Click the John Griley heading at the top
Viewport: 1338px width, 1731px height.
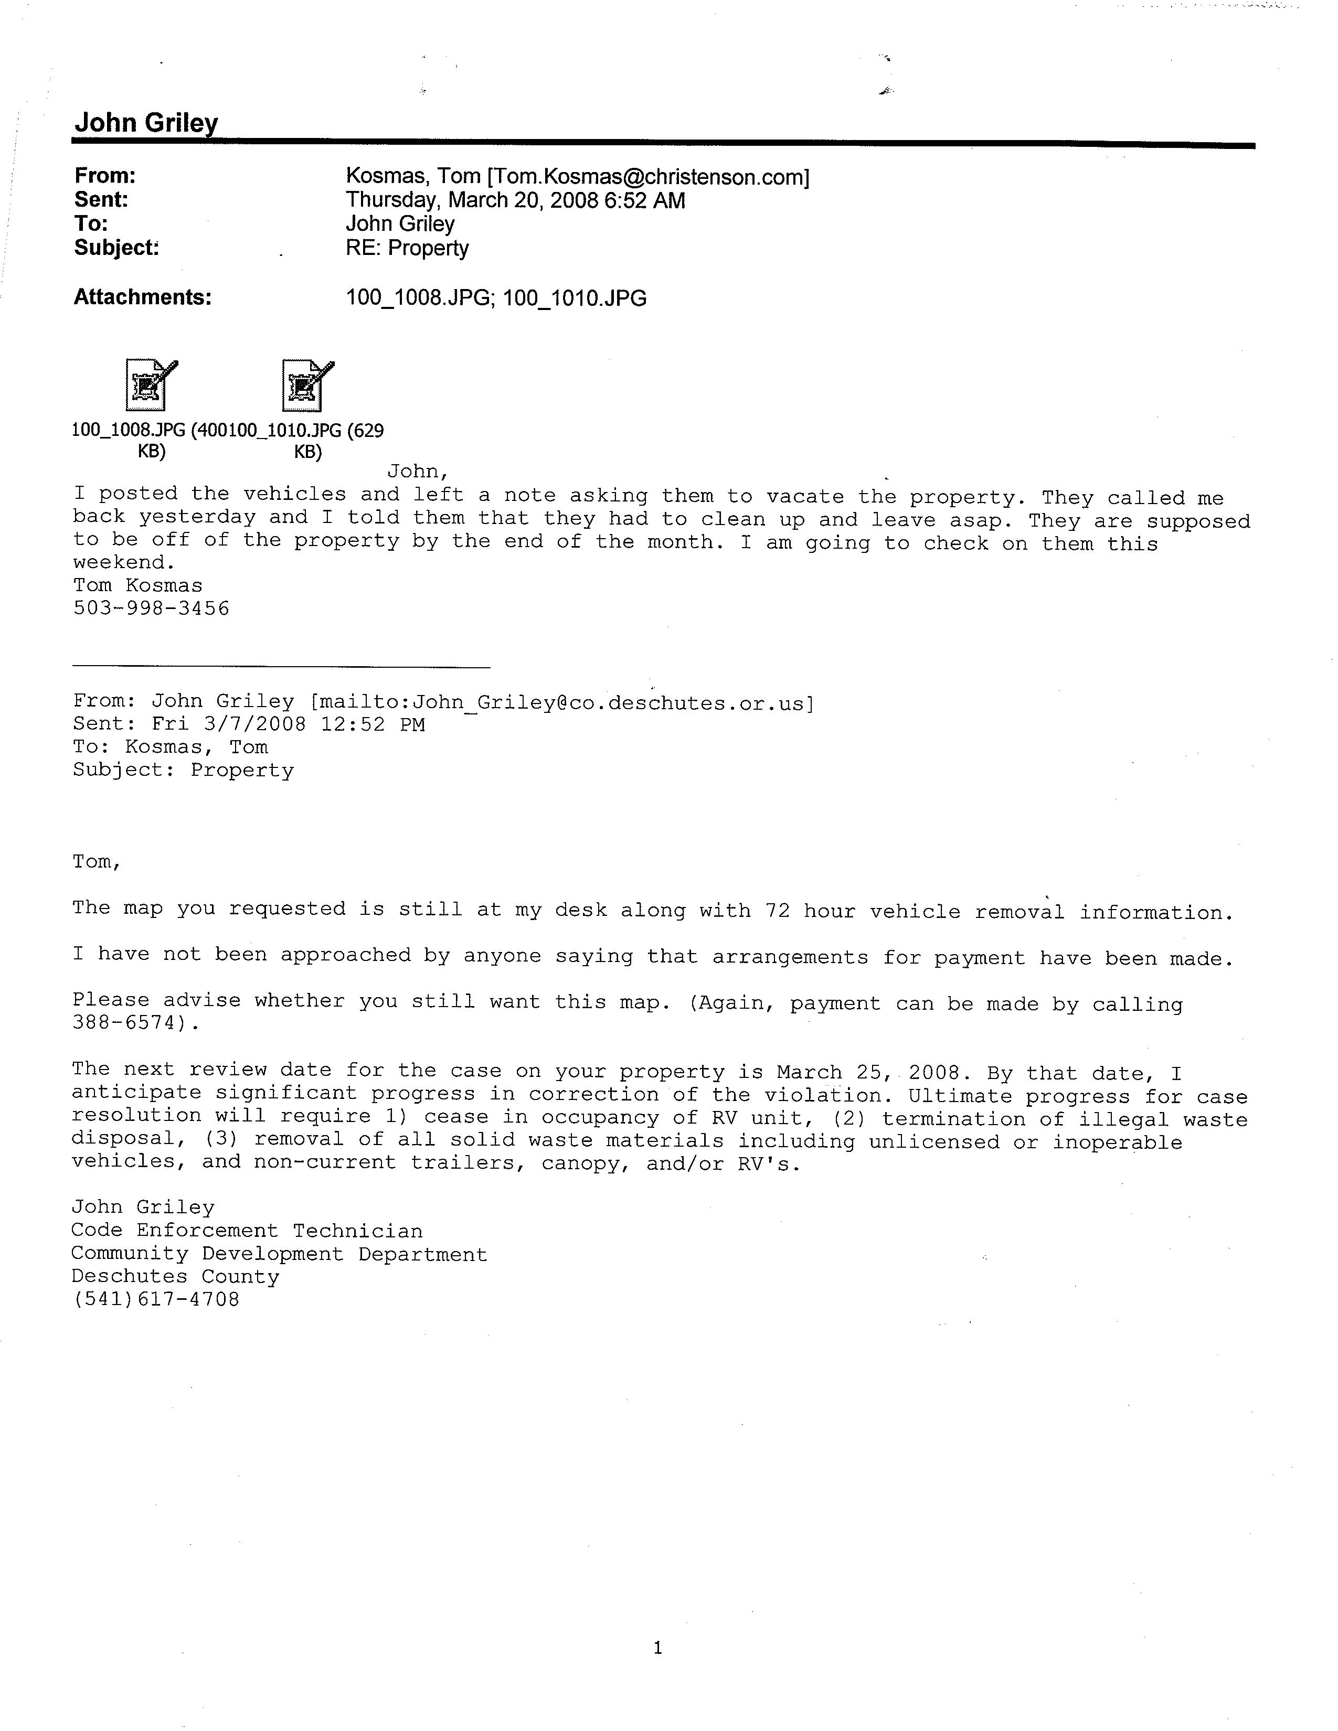pos(146,122)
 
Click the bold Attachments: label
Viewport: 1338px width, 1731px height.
pos(143,297)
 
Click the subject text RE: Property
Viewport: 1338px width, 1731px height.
pos(407,249)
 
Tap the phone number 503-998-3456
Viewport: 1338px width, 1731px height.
pos(152,608)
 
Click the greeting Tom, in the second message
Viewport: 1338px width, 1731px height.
pos(97,861)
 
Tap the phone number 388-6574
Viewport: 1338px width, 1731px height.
pos(131,1023)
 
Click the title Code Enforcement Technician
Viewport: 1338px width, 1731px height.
pos(247,1231)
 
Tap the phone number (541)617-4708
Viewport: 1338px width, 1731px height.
pos(155,1300)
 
